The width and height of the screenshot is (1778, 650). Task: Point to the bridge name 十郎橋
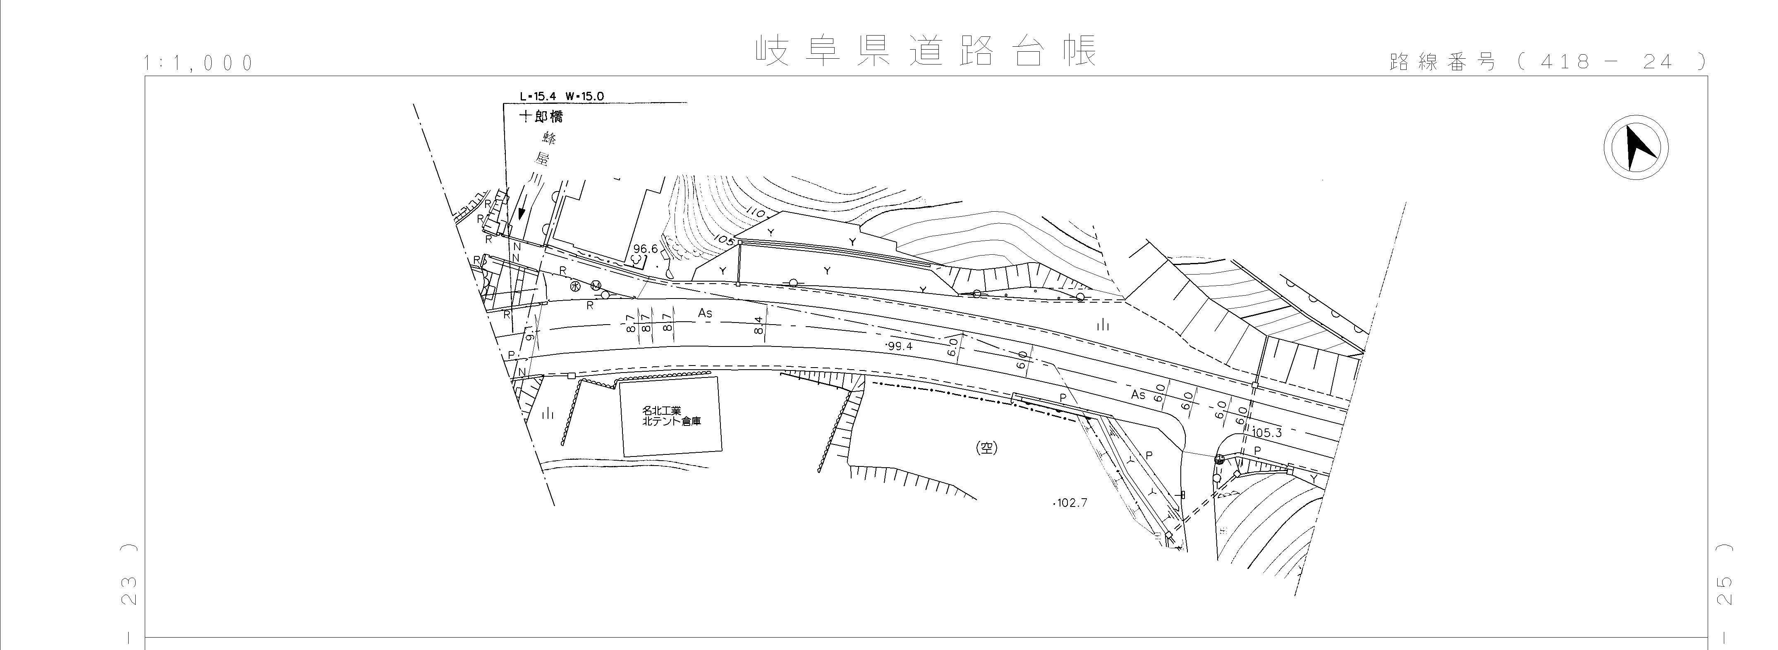click(x=541, y=117)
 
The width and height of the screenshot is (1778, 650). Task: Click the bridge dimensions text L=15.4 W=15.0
click(x=562, y=96)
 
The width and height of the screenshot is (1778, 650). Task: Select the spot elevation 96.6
click(x=645, y=249)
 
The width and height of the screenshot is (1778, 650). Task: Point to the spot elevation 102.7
click(x=1070, y=503)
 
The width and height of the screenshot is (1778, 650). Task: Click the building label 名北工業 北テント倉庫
click(x=671, y=416)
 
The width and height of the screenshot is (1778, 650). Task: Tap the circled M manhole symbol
click(x=596, y=286)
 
